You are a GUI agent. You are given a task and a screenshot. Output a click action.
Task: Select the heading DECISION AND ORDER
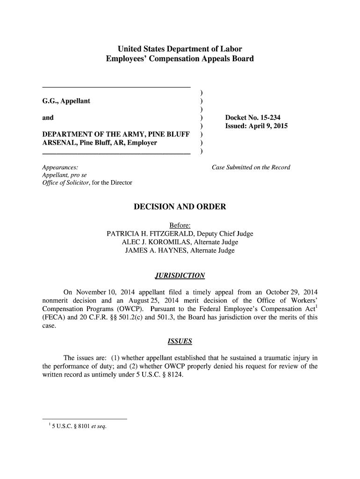[180, 207]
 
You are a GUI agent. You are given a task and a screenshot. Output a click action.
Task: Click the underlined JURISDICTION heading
[180, 275]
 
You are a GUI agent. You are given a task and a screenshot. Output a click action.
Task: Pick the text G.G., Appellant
[66, 101]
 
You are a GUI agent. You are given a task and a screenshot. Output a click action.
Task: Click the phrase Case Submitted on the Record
[251, 167]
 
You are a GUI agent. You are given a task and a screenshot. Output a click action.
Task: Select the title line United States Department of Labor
[180, 49]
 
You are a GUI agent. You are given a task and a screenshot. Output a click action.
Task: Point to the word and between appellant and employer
[48, 118]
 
